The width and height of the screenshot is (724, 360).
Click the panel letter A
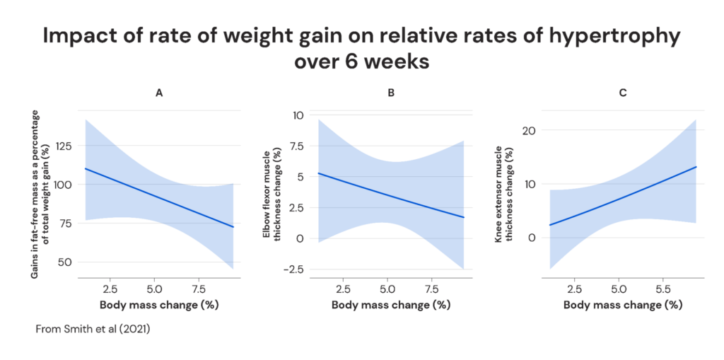pos(159,93)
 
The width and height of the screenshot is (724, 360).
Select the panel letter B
pos(391,93)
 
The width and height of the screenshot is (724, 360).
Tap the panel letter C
pos(623,93)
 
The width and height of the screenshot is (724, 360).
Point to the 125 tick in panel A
pos(67,146)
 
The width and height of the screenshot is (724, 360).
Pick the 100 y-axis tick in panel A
pos(67,184)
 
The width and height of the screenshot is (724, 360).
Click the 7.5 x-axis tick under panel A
pos(199,289)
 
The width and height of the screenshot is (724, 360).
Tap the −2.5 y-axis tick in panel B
pos(297,269)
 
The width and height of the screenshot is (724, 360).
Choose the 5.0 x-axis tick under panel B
pos(387,289)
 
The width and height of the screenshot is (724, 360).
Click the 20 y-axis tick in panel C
pos(531,131)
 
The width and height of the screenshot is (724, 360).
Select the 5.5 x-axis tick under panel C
pos(662,289)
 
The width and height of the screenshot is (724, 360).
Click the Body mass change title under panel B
pos(391,305)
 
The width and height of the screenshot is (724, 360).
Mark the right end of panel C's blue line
pos(696,167)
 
